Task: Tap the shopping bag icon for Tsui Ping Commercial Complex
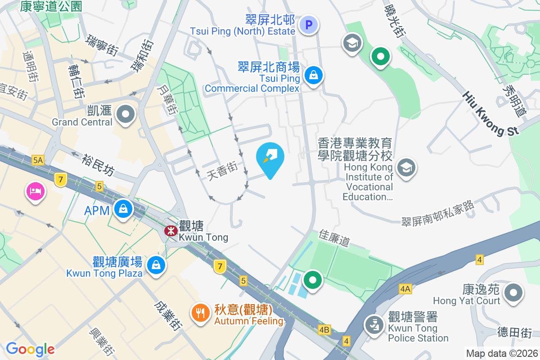tap(313, 75)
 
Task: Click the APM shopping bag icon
tap(122, 208)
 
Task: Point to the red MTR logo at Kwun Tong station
tap(171, 231)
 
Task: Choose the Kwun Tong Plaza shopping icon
tap(156, 264)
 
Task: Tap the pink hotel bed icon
tap(35, 192)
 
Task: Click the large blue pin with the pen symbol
tap(270, 157)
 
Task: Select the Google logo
tap(30, 349)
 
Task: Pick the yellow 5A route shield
tap(38, 160)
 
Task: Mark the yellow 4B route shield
tap(324, 330)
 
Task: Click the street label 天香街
tap(222, 172)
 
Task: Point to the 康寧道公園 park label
tap(51, 6)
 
